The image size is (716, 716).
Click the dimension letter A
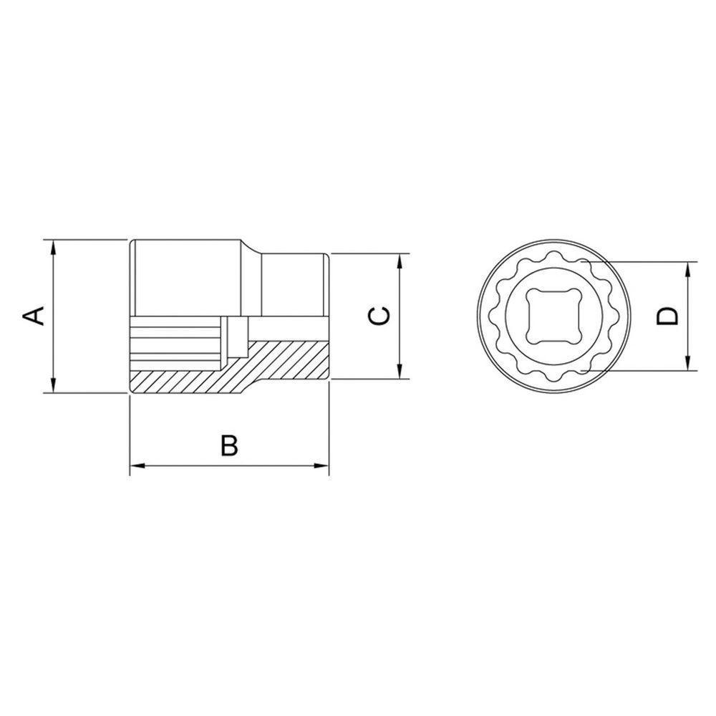point(34,315)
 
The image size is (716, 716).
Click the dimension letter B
point(228,445)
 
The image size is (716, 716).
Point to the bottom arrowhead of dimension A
point(53,387)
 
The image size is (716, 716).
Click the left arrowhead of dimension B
point(135,467)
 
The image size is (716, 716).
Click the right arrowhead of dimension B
point(324,467)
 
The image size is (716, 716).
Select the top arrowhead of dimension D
point(688,268)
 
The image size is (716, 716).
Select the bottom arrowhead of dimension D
point(688,364)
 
